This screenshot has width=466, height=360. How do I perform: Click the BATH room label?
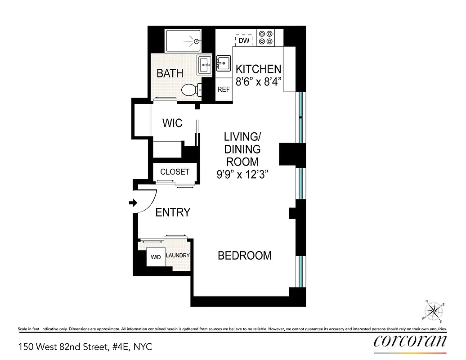(170, 73)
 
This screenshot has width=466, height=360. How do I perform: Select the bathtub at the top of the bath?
(183, 41)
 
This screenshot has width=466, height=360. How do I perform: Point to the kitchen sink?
(223, 63)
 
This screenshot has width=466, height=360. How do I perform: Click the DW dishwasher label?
(244, 40)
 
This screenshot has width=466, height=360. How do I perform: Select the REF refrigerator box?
(224, 89)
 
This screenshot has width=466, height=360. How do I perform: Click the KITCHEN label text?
(259, 69)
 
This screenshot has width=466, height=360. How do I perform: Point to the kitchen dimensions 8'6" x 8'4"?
(259, 82)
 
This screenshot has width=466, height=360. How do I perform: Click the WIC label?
(172, 122)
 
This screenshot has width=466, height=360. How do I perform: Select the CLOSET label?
(175, 172)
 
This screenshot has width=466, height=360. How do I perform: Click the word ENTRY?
(173, 212)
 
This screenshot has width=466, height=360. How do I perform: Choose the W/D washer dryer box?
(156, 258)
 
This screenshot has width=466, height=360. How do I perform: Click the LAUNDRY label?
(178, 256)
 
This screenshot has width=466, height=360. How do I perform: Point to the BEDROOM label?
(245, 256)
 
